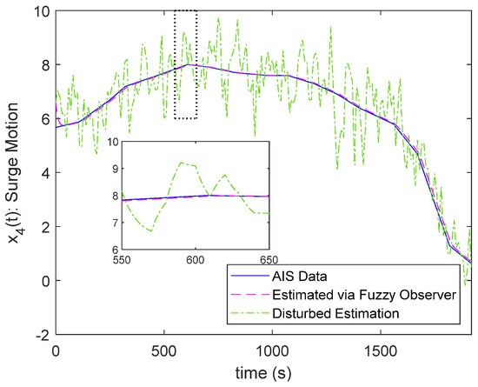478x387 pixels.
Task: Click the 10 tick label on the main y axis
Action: coord(40,10)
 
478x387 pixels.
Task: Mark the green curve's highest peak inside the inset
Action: coord(180,162)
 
